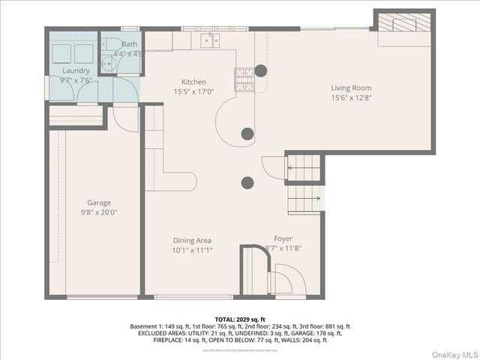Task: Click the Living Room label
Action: click(351, 88)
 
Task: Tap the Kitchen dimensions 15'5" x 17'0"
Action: click(193, 92)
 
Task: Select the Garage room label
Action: click(99, 202)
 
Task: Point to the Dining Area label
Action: click(192, 240)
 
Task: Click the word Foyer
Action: click(283, 238)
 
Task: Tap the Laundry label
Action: click(75, 70)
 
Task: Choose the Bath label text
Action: click(130, 44)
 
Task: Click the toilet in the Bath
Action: click(111, 44)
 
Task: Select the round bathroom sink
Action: click(107, 64)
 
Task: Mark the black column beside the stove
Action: click(260, 70)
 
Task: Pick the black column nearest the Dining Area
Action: click(247, 182)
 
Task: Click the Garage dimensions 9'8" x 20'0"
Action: click(99, 212)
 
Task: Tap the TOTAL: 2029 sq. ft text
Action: click(240, 319)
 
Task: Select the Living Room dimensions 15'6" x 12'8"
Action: click(351, 97)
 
